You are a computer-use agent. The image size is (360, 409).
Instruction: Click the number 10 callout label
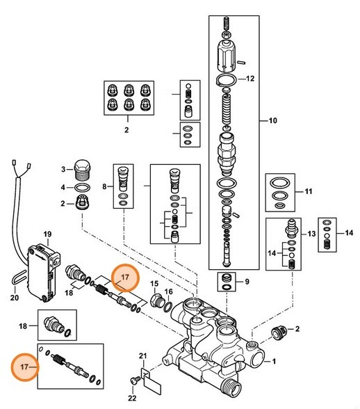(x=272, y=121)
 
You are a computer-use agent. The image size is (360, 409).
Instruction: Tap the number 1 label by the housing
(x=274, y=361)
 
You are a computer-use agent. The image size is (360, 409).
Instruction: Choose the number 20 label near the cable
(x=15, y=299)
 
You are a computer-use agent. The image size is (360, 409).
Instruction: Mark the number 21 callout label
(x=144, y=357)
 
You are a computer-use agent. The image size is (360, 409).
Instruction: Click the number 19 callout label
(x=48, y=233)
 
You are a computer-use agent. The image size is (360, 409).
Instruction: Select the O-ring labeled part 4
(x=81, y=188)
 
